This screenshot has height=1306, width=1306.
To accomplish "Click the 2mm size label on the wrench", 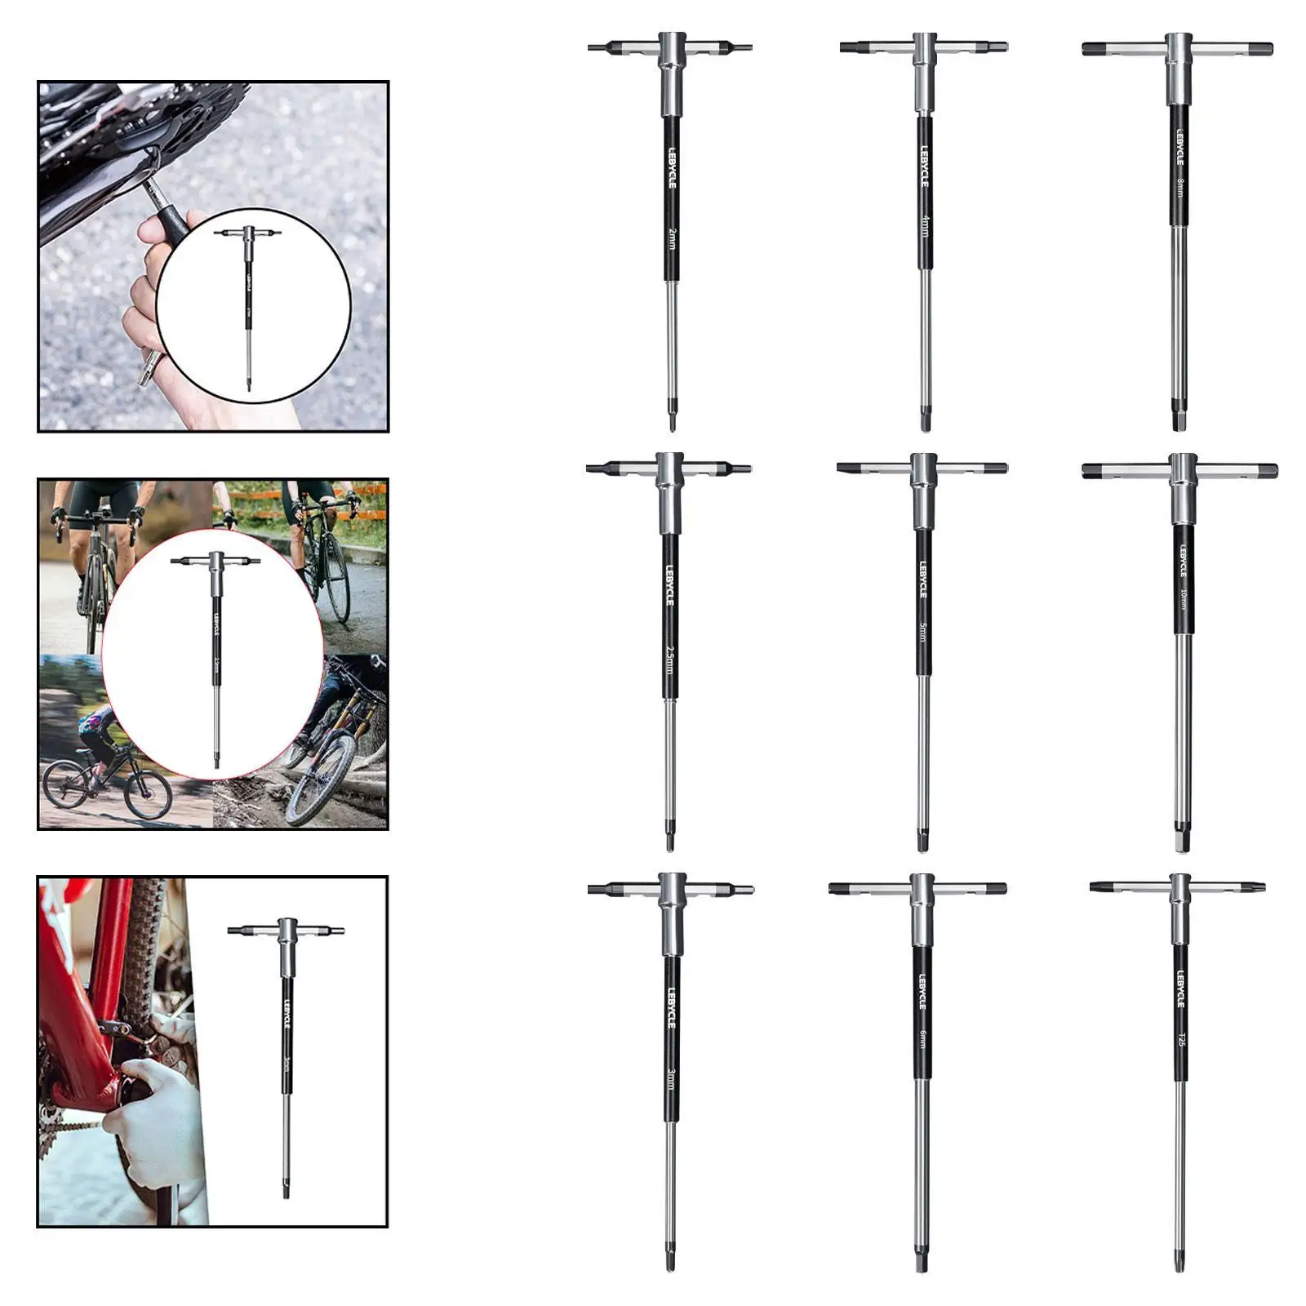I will coord(671,238).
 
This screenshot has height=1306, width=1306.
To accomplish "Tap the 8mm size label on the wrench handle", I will coord(1179,187).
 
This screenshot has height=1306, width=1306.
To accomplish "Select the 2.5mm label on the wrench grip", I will coord(669,660).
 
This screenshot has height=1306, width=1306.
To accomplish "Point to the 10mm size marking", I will coord(1182,600).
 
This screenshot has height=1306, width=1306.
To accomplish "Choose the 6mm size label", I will coord(922,1039).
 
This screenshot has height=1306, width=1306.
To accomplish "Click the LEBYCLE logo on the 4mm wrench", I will coord(924,167).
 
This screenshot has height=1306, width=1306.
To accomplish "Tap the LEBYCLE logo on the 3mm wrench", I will coord(671,1007).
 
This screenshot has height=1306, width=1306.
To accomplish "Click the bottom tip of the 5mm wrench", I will coord(922,841).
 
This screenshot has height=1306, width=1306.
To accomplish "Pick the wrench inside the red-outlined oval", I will coord(216,653).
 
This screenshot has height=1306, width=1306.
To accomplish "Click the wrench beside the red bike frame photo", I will coord(287,1053).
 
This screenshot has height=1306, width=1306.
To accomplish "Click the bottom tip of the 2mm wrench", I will coord(672,423).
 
